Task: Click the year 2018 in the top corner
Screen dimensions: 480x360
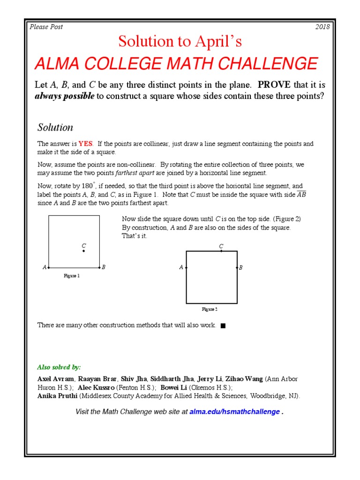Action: pyautogui.click(x=322, y=27)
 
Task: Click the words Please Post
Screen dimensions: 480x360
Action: pyautogui.click(x=46, y=27)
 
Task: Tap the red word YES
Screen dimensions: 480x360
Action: pyautogui.click(x=85, y=144)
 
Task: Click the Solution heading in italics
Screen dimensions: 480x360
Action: pyautogui.click(x=55, y=127)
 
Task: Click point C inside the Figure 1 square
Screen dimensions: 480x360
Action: pyautogui.click(x=83, y=251)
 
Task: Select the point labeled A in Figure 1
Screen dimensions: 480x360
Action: pyautogui.click(x=49, y=267)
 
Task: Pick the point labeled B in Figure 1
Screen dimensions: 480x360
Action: pyautogui.click(x=99, y=267)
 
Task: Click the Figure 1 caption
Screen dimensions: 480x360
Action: pyautogui.click(x=72, y=276)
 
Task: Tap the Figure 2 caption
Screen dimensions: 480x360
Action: pyautogui.click(x=210, y=309)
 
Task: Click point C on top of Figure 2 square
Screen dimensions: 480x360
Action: pyautogui.click(x=221, y=251)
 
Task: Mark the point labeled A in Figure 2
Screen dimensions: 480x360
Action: pyautogui.click(x=187, y=268)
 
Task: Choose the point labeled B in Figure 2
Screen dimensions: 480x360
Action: pyautogui.click(x=237, y=268)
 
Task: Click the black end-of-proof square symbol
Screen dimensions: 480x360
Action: pyautogui.click(x=223, y=326)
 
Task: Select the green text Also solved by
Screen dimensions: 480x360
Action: pyautogui.click(x=59, y=367)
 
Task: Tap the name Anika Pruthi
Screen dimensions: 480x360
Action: pyautogui.click(x=57, y=396)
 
